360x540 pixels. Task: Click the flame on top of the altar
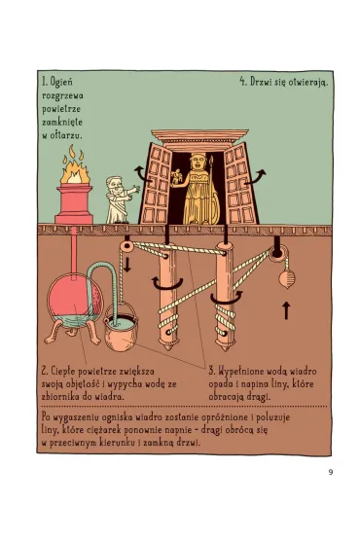(x=76, y=167)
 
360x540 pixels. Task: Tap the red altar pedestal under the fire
(x=74, y=204)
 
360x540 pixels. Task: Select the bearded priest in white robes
(x=119, y=200)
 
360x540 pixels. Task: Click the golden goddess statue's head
(x=198, y=162)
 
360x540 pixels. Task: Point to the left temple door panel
(x=155, y=185)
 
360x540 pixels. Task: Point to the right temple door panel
(x=240, y=184)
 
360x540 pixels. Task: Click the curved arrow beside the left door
(x=140, y=172)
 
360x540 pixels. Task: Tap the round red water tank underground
(x=76, y=298)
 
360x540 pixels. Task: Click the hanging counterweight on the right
(x=287, y=279)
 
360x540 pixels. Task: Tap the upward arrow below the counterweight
(x=286, y=311)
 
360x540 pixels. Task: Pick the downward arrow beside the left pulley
(x=127, y=264)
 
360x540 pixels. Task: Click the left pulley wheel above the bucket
(x=126, y=246)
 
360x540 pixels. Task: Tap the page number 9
(x=331, y=472)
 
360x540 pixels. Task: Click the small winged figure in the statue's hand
(x=176, y=177)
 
